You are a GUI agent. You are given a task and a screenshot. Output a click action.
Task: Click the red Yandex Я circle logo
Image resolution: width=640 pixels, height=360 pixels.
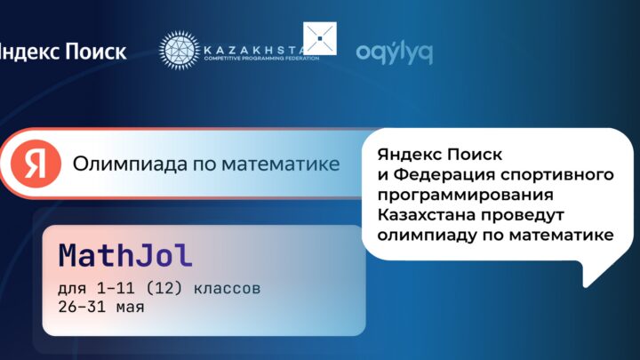[36, 164]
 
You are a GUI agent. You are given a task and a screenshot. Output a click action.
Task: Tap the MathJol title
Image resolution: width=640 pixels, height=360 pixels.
[125, 256]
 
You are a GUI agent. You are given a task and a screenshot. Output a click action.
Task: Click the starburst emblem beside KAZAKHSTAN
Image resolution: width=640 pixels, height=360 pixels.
[180, 50]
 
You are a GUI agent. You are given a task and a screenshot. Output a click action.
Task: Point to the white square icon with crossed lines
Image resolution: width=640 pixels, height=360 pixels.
[320, 38]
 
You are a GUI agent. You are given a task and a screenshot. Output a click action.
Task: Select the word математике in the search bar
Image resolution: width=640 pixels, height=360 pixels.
[280, 164]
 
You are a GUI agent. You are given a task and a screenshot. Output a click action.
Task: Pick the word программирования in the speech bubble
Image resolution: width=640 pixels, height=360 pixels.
[465, 195]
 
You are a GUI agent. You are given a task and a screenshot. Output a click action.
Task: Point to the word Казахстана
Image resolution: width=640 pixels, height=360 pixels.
[426, 215]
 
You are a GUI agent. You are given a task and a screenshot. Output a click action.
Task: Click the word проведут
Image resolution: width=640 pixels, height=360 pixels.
[522, 215]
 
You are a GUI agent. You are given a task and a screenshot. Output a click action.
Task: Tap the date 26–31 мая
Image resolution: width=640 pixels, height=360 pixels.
[101, 307]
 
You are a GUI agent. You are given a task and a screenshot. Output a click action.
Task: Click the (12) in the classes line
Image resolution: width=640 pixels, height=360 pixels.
[164, 289]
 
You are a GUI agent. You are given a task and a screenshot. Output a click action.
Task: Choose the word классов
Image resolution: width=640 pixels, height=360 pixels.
[227, 289]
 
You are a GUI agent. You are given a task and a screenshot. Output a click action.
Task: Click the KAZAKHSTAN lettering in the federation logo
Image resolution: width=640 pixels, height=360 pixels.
[253, 50]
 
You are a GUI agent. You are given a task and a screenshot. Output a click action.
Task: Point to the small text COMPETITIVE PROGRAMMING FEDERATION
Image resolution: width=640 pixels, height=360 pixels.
[261, 59]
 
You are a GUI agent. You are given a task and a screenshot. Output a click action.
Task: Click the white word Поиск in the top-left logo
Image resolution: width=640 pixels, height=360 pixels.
[95, 52]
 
